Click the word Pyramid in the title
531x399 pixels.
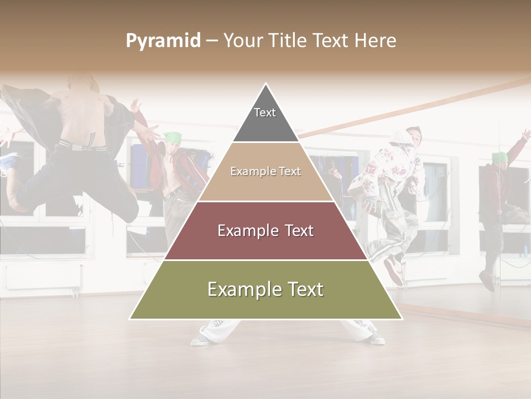pyautogui.click(x=163, y=41)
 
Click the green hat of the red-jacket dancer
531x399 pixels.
pyautogui.click(x=173, y=137)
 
